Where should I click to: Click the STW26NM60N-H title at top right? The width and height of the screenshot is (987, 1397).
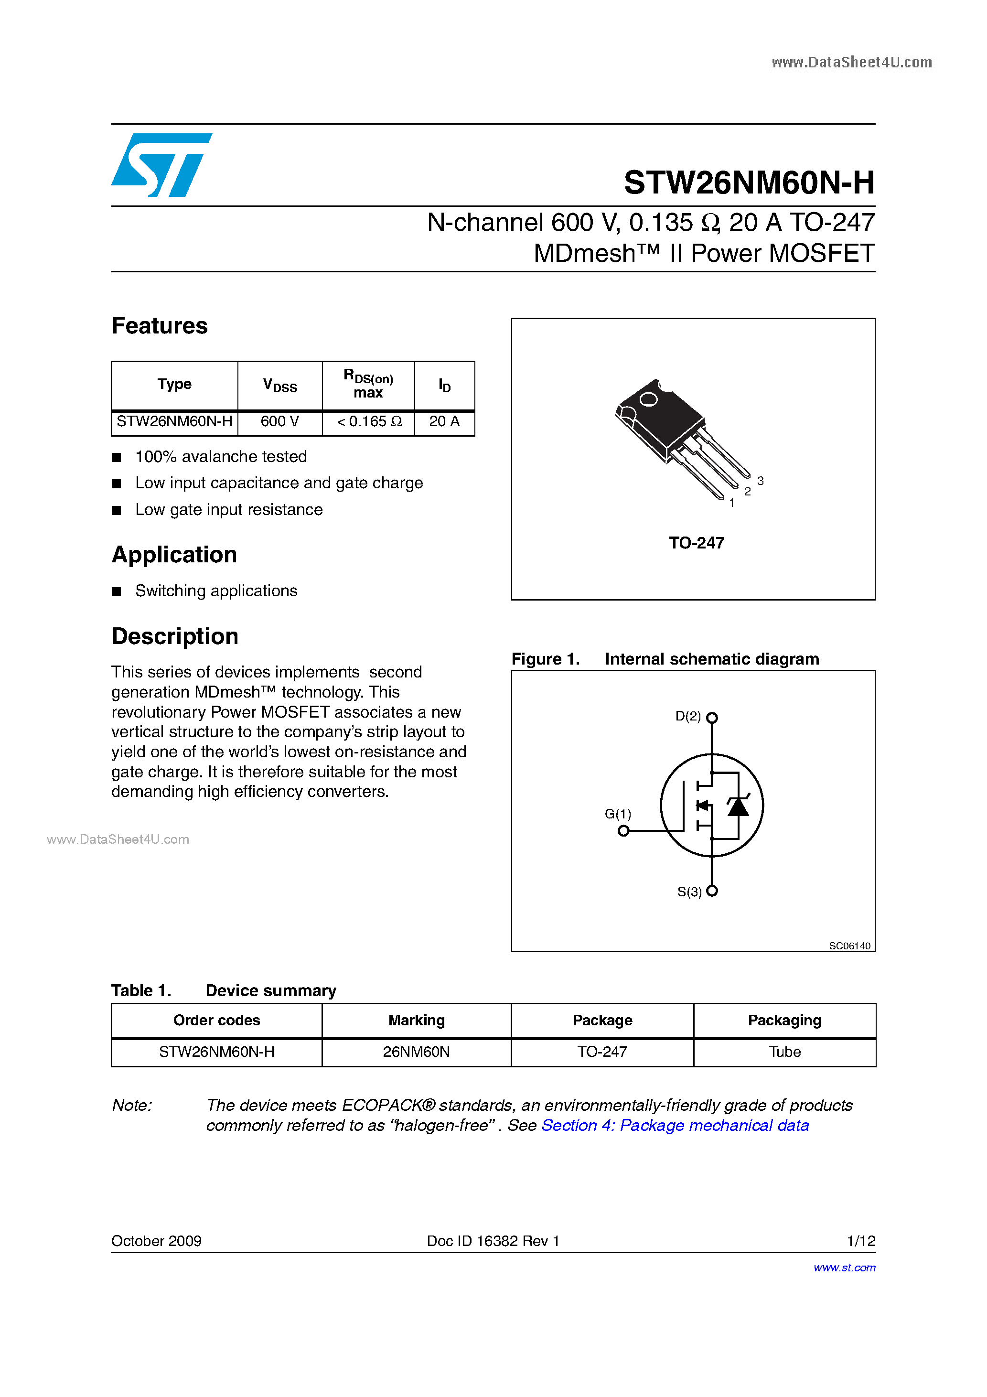click(x=749, y=183)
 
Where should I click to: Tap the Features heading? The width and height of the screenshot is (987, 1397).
click(x=160, y=326)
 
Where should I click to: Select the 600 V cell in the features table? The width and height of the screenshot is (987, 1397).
click(x=279, y=422)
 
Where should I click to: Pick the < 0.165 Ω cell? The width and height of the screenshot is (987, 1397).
click(x=369, y=422)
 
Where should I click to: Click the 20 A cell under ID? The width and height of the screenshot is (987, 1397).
click(x=444, y=422)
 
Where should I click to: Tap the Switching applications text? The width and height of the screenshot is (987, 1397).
click(x=216, y=591)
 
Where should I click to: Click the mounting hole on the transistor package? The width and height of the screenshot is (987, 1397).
click(x=649, y=399)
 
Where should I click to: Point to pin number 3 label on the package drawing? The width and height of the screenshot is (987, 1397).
click(x=760, y=481)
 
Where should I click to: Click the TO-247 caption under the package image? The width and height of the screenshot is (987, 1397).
click(x=696, y=543)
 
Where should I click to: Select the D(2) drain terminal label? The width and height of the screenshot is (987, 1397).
click(x=688, y=716)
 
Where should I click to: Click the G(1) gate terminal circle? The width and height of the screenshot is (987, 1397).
click(x=623, y=830)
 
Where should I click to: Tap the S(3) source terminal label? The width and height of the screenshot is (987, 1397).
click(x=689, y=892)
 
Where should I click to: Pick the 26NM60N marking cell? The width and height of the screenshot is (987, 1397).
click(x=416, y=1052)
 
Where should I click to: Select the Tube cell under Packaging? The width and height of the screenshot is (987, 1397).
click(x=784, y=1052)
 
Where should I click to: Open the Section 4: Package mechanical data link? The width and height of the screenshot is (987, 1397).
click(x=675, y=1126)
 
